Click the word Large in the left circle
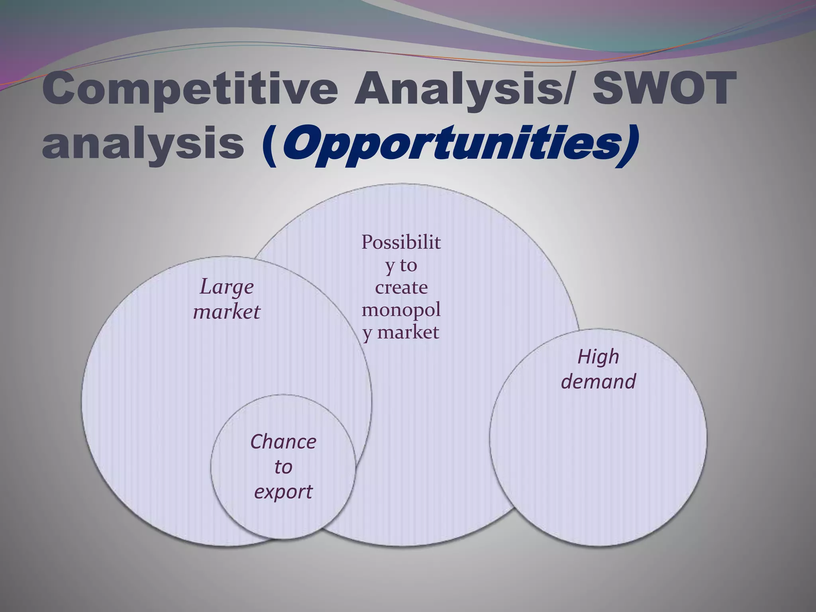pyautogui.click(x=226, y=287)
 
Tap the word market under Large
pyautogui.click(x=226, y=312)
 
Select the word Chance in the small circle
pyautogui.click(x=283, y=442)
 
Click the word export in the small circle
pyautogui.click(x=283, y=492)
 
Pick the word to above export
pyautogui.click(x=283, y=467)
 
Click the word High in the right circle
pyautogui.click(x=598, y=357)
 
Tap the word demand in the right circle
pyautogui.click(x=598, y=382)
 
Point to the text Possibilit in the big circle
pyautogui.click(x=401, y=242)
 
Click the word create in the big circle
pyautogui.click(x=401, y=287)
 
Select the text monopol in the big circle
pyautogui.click(x=401, y=310)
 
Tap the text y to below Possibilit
pyautogui.click(x=401, y=265)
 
